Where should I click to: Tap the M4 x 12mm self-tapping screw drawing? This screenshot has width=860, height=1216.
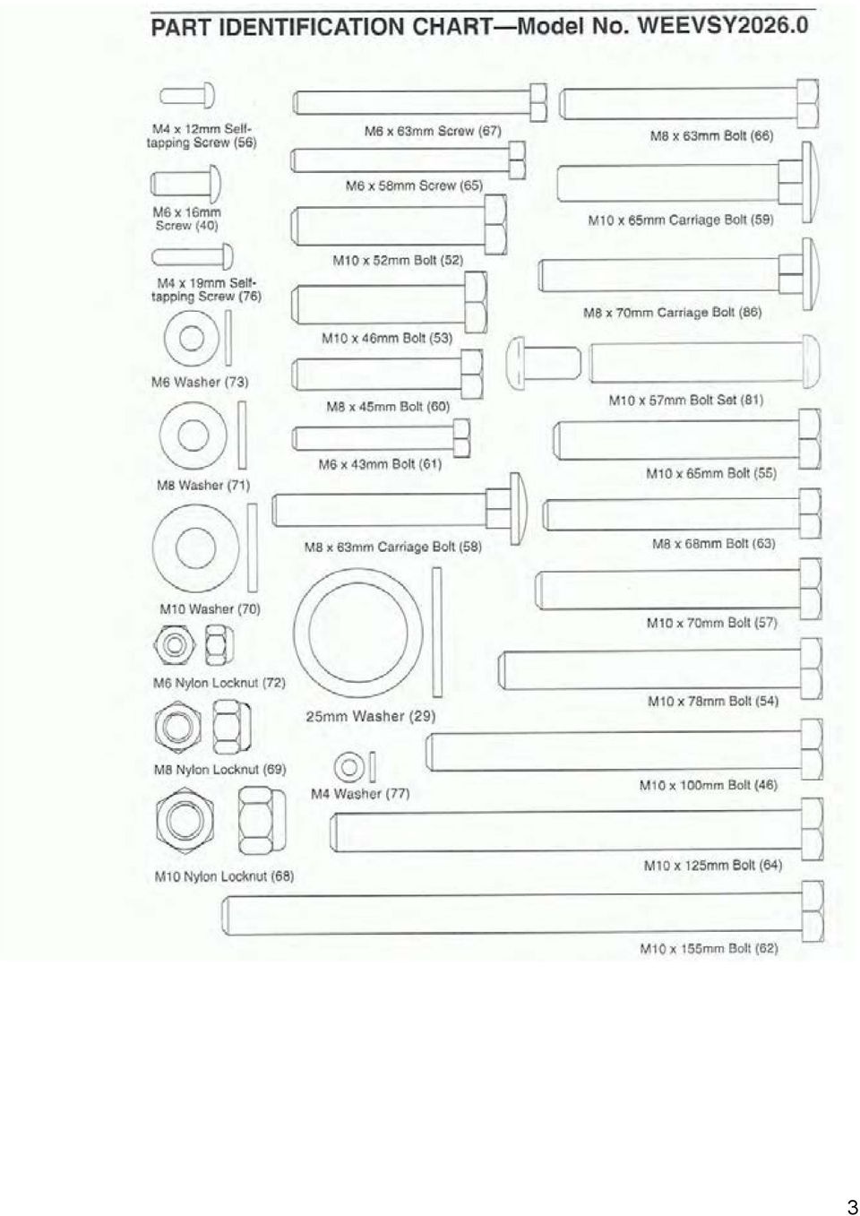[186, 96]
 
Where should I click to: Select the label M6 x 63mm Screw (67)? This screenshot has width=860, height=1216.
[433, 131]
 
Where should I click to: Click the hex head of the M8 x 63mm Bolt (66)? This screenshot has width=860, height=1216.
[807, 104]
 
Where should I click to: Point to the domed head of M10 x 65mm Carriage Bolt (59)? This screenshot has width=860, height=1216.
[807, 183]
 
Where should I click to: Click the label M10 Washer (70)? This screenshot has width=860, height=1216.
[210, 609]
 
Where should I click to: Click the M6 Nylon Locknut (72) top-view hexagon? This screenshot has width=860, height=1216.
[174, 645]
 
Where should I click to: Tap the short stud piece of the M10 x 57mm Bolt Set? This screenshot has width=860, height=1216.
[543, 362]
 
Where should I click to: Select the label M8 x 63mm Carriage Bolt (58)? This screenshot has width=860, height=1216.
[393, 547]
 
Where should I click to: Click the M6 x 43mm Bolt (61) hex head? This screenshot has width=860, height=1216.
[461, 438]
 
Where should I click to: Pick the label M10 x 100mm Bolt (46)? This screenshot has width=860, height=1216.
[709, 785]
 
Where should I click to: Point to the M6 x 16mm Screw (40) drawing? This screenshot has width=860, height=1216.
[185, 183]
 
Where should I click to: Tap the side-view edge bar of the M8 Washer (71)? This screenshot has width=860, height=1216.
[242, 435]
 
